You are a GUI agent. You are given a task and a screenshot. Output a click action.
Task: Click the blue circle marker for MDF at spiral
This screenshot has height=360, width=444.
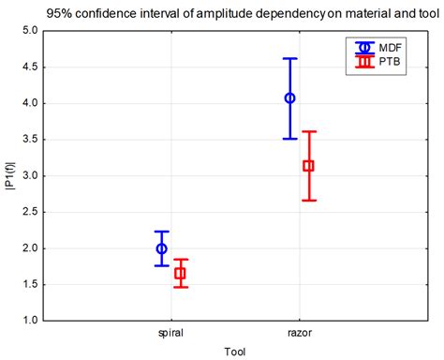pyautogui.click(x=162, y=248)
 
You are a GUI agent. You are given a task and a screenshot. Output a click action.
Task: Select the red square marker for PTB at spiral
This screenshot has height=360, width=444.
pyautogui.click(x=180, y=274)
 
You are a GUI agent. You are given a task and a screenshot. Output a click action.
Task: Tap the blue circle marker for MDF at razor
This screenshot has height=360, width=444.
pyautogui.click(x=290, y=97)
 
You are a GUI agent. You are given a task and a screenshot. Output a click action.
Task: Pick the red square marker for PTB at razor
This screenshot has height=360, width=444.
pyautogui.click(x=308, y=166)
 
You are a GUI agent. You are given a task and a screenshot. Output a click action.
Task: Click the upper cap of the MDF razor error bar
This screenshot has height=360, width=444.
pyautogui.click(x=290, y=58)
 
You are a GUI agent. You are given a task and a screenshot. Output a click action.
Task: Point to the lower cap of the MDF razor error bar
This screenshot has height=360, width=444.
pyautogui.click(x=290, y=139)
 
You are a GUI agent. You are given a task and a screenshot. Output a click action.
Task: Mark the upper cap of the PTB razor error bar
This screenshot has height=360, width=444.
pyautogui.click(x=308, y=131)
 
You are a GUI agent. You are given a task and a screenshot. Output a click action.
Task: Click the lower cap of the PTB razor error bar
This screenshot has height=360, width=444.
pyautogui.click(x=308, y=201)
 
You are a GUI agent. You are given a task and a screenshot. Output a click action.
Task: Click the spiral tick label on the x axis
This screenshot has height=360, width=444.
pyautogui.click(x=170, y=333)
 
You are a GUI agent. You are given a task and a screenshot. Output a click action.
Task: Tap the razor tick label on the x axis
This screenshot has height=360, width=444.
pyautogui.click(x=299, y=333)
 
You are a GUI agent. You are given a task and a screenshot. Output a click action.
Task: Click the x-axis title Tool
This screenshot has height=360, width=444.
pyautogui.click(x=235, y=351)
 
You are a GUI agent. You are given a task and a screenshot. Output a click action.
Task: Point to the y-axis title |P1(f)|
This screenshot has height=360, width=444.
pyautogui.click(x=10, y=175)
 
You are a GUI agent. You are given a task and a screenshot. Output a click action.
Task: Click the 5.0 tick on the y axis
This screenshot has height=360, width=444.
pyautogui.click(x=29, y=31)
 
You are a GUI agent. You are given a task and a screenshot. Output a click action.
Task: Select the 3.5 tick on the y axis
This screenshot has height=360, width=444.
pyautogui.click(x=29, y=140)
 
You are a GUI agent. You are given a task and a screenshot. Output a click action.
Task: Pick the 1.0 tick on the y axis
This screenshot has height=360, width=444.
pyautogui.click(x=29, y=321)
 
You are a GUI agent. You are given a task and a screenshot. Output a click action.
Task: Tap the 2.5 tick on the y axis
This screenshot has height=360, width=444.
pyautogui.click(x=29, y=212)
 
